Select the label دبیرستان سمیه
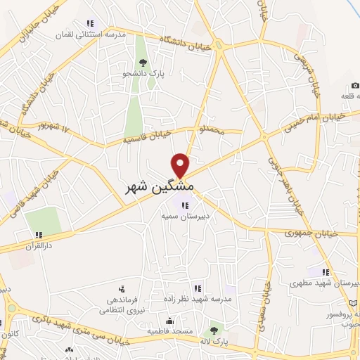tap(185, 218)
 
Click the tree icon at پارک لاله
tap(213, 329)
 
